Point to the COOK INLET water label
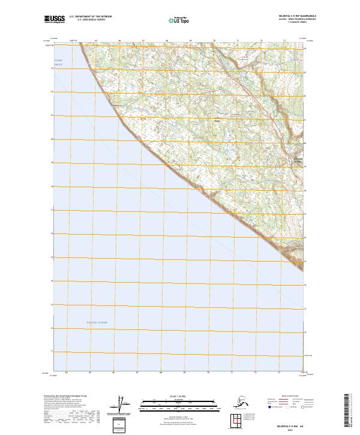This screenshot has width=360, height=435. (x=58, y=62)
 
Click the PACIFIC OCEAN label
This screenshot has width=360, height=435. (x=96, y=323)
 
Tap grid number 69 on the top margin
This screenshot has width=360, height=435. (x=191, y=41)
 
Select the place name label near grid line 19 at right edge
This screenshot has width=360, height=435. (x=298, y=160)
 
